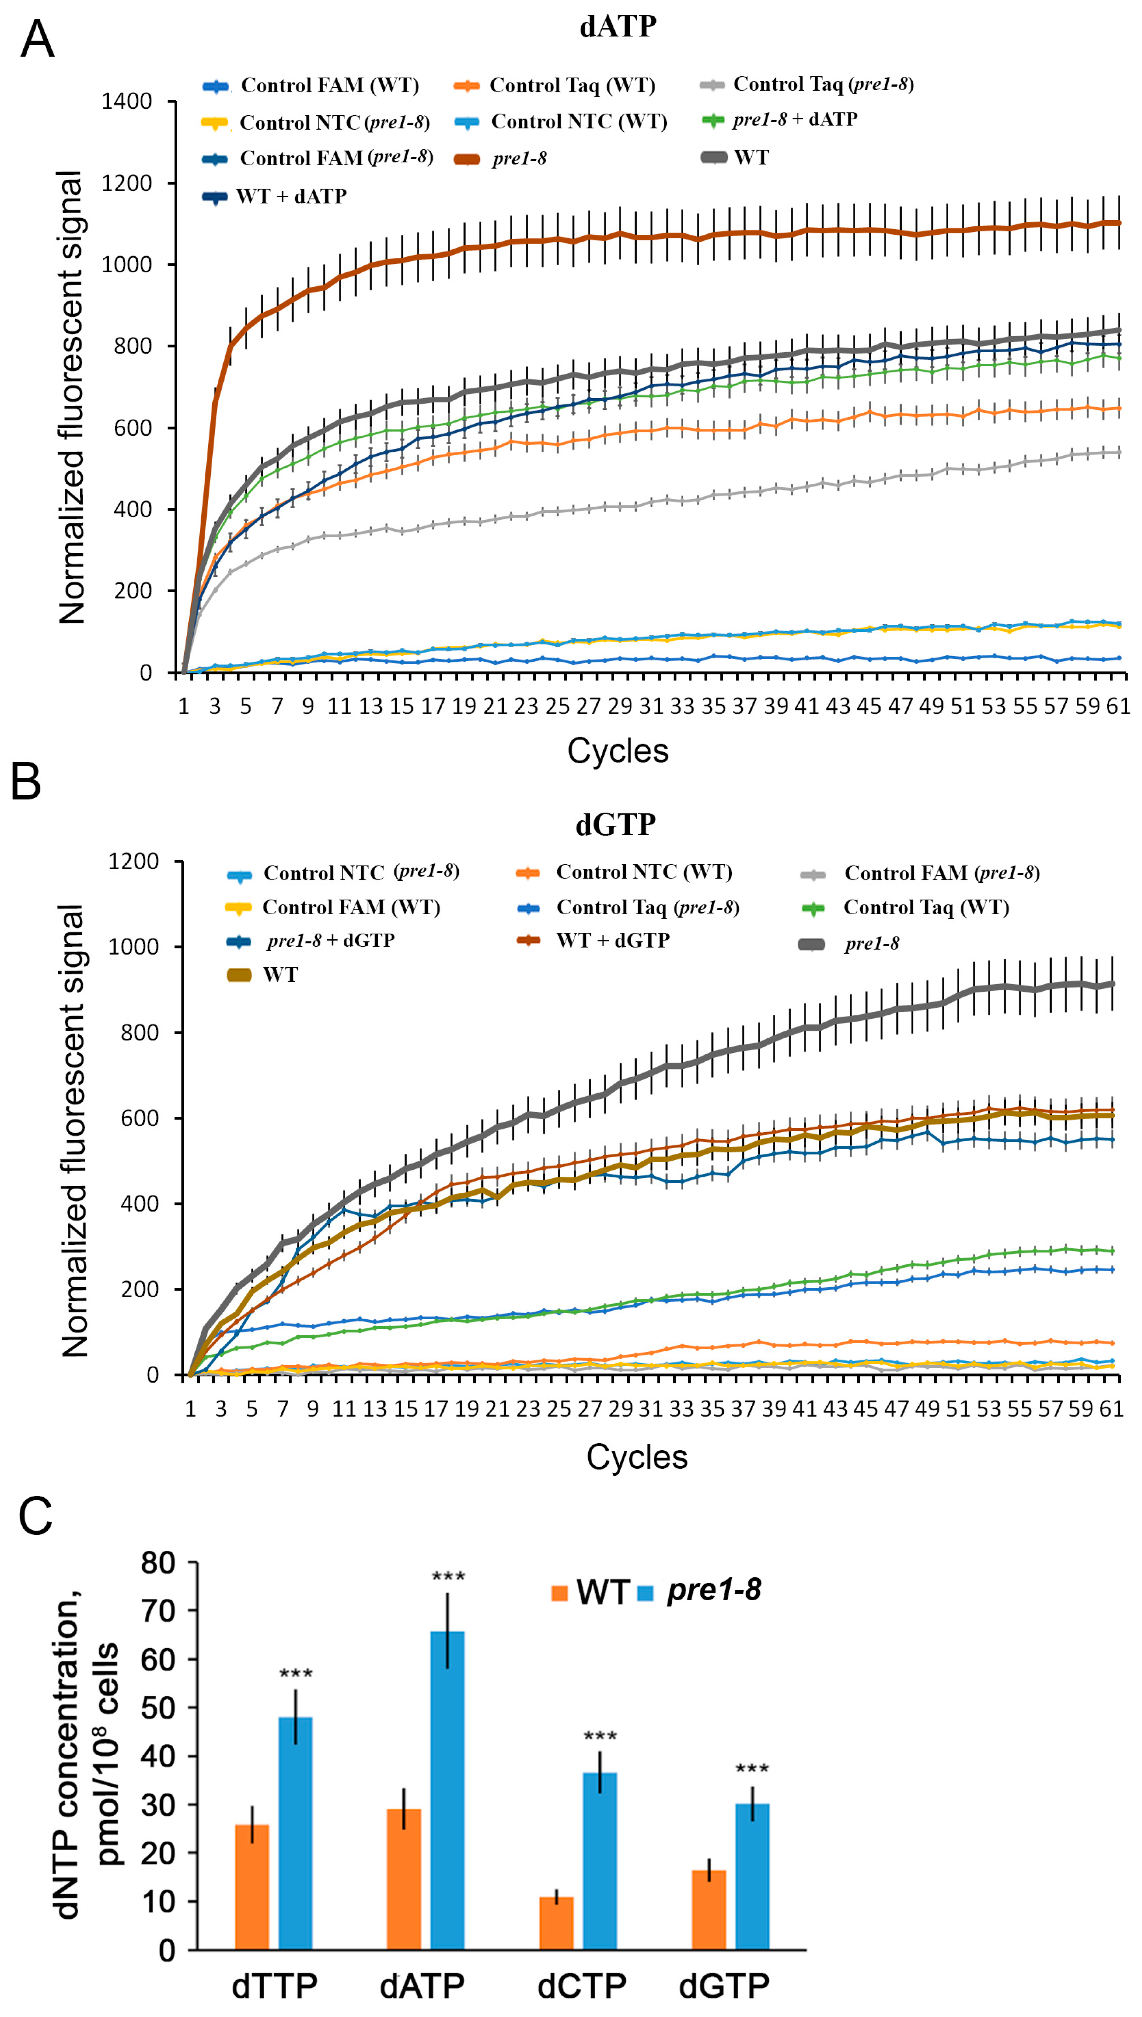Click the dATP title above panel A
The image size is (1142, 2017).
click(x=617, y=27)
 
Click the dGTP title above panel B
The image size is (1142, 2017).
click(x=616, y=825)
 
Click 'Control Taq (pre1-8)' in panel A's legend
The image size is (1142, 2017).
click(x=823, y=84)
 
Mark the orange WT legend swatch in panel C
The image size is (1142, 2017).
click(x=559, y=1593)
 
